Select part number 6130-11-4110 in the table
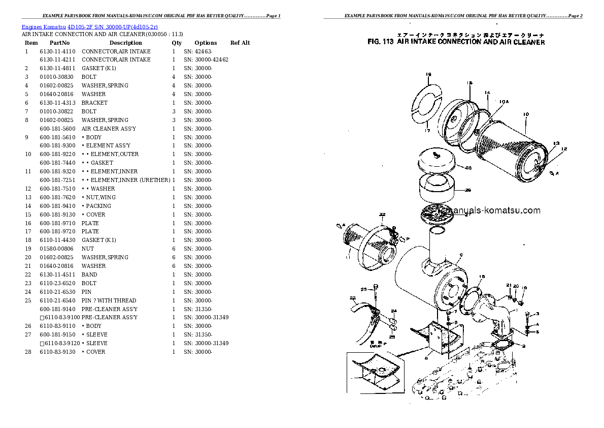[x=57, y=51]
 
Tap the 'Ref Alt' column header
[x=240, y=43]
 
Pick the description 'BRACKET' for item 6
[x=94, y=103]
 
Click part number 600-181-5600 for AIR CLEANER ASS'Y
[x=57, y=129]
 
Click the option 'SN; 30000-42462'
[x=206, y=60]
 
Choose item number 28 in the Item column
[x=28, y=352]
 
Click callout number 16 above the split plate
[x=428, y=75]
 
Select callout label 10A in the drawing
[x=503, y=102]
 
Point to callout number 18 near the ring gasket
[x=482, y=277]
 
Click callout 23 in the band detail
[x=363, y=289]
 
